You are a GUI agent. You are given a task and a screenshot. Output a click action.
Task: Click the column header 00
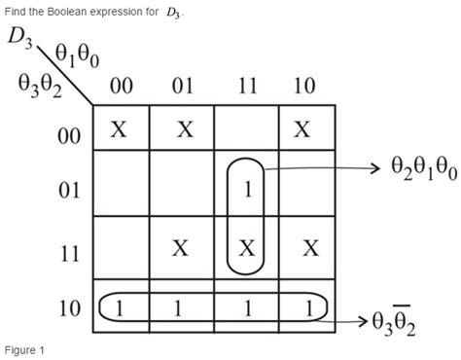click(122, 87)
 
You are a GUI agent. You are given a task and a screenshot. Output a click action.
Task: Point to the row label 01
click(70, 189)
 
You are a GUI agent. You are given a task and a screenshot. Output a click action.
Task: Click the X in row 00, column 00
click(119, 128)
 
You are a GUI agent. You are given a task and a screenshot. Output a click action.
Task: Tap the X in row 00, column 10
click(304, 128)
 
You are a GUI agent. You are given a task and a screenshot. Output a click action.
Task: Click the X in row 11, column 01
click(181, 247)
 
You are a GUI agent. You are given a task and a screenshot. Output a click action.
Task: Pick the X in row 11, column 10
click(310, 247)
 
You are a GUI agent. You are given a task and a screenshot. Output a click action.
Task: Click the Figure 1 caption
click(23, 349)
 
